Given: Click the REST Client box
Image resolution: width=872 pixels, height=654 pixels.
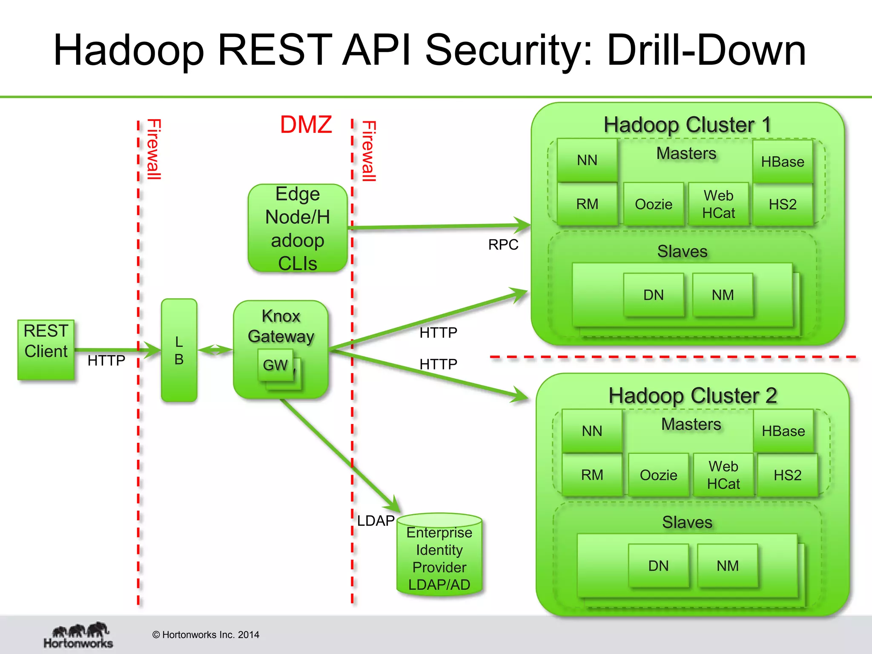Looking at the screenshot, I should pyautogui.click(x=46, y=350).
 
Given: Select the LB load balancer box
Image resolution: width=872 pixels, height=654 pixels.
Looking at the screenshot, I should pyautogui.click(x=179, y=350).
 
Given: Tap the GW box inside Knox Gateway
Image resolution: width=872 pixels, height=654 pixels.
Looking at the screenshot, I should pyautogui.click(x=275, y=365).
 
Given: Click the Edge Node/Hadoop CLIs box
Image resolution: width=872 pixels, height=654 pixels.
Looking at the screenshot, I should pyautogui.click(x=298, y=228).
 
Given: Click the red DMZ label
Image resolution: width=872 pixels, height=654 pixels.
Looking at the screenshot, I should pyautogui.click(x=306, y=125).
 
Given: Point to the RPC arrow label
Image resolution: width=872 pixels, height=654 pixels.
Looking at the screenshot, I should pyautogui.click(x=503, y=245).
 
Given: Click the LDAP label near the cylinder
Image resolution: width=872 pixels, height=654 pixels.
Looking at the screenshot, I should pyautogui.click(x=376, y=521).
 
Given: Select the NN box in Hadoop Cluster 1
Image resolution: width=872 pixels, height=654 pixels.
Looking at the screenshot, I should pyautogui.click(x=587, y=160).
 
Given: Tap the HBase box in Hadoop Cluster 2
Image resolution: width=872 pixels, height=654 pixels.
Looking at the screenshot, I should pyautogui.click(x=783, y=431).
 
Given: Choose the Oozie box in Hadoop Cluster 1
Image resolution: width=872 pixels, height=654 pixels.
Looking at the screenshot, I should pyautogui.click(x=653, y=204).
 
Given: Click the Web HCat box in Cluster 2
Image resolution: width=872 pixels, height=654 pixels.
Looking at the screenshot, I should pyautogui.click(x=723, y=475).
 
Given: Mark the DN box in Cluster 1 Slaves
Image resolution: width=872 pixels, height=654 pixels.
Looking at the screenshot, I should pyautogui.click(x=653, y=295).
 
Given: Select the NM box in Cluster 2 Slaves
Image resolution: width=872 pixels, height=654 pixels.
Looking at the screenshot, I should pyautogui.click(x=727, y=566).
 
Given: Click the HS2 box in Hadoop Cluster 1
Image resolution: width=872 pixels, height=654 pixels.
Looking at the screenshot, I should pyautogui.click(x=783, y=204).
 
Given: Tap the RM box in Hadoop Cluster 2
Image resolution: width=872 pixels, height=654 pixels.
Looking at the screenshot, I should pyautogui.click(x=592, y=475).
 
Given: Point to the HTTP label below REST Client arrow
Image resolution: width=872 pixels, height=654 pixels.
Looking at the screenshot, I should pyautogui.click(x=106, y=361).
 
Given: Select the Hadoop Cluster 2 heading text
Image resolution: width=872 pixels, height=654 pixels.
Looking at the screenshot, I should pyautogui.click(x=692, y=396).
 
